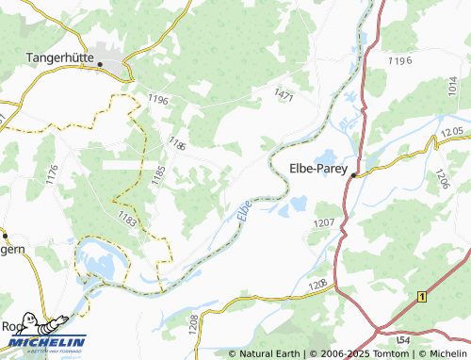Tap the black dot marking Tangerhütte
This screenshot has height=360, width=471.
99,64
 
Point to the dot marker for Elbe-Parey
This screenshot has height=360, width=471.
354,175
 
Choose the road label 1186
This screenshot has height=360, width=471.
176,143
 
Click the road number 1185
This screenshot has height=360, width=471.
158,175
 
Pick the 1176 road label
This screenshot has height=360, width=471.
52,173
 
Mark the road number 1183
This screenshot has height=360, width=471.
127,220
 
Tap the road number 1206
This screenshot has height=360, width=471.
442,179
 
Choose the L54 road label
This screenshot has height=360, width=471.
402,337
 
